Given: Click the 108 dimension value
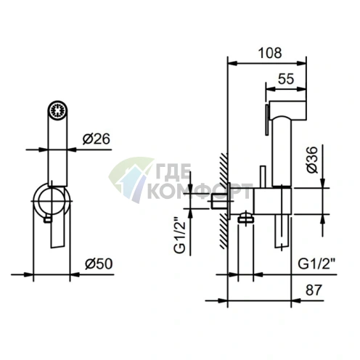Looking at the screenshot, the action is point(270,53).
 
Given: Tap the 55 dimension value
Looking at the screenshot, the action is point(286,79).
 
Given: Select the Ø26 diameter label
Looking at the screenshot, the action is point(96,139).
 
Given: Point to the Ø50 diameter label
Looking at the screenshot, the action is point(99,263).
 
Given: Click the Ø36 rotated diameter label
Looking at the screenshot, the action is point(312,160).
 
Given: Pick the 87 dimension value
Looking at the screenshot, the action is point(314,290).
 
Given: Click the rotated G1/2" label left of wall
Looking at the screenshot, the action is point(179,234).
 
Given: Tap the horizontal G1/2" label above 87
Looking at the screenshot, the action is point(316,263).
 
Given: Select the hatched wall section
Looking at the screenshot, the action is point(224,200).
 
